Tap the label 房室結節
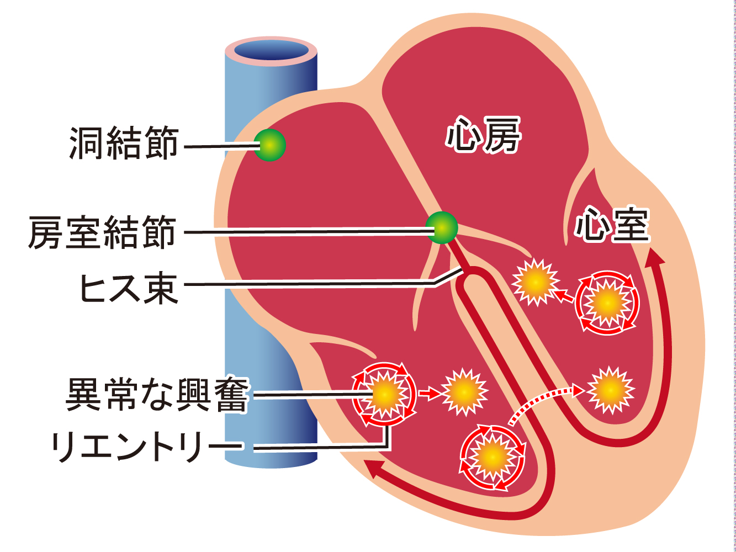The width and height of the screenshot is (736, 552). point(103,232)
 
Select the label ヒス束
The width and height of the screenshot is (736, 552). point(130,288)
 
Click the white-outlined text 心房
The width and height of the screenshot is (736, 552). point(483,135)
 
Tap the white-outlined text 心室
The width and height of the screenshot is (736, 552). point(611,225)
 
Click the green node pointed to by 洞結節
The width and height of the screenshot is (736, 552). point(269,145)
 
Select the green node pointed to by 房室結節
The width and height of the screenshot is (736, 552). point(442,227)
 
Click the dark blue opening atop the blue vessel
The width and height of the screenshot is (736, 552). point(271,50)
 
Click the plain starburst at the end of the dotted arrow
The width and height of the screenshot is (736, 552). point(610,390)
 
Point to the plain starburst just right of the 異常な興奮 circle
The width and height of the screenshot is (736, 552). point(465,392)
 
